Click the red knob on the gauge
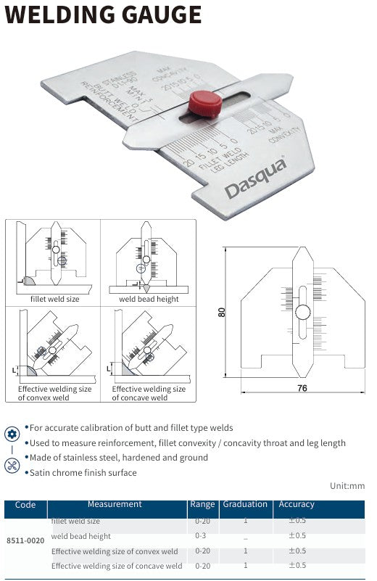[205, 104]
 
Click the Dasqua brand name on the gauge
[255, 179]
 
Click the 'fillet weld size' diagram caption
[55, 299]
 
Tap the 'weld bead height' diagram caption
[149, 299]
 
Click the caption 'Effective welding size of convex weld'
[55, 393]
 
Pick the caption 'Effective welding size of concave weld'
[149, 393]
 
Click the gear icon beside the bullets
[12, 434]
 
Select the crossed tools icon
[12, 466]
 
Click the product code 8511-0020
[25, 540]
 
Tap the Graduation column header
[245, 504]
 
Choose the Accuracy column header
[297, 504]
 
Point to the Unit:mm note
[347, 486]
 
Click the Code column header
[25, 505]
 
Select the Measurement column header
[115, 504]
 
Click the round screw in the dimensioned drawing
[302, 312]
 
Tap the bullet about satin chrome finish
[83, 472]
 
